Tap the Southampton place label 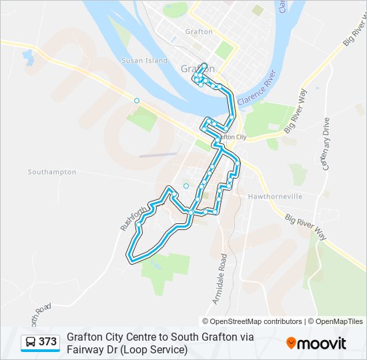[x=52, y=172]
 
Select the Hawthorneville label [x=275, y=197]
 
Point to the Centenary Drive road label [x=326, y=144]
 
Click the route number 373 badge [x=47, y=342]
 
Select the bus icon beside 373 [x=31, y=342]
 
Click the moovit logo [x=316, y=343]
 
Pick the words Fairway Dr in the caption [x=90, y=349]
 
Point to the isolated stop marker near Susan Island [x=137, y=101]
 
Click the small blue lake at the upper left [x=28, y=58]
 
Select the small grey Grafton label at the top [x=199, y=31]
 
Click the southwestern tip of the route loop [x=130, y=255]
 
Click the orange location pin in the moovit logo [x=291, y=343]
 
